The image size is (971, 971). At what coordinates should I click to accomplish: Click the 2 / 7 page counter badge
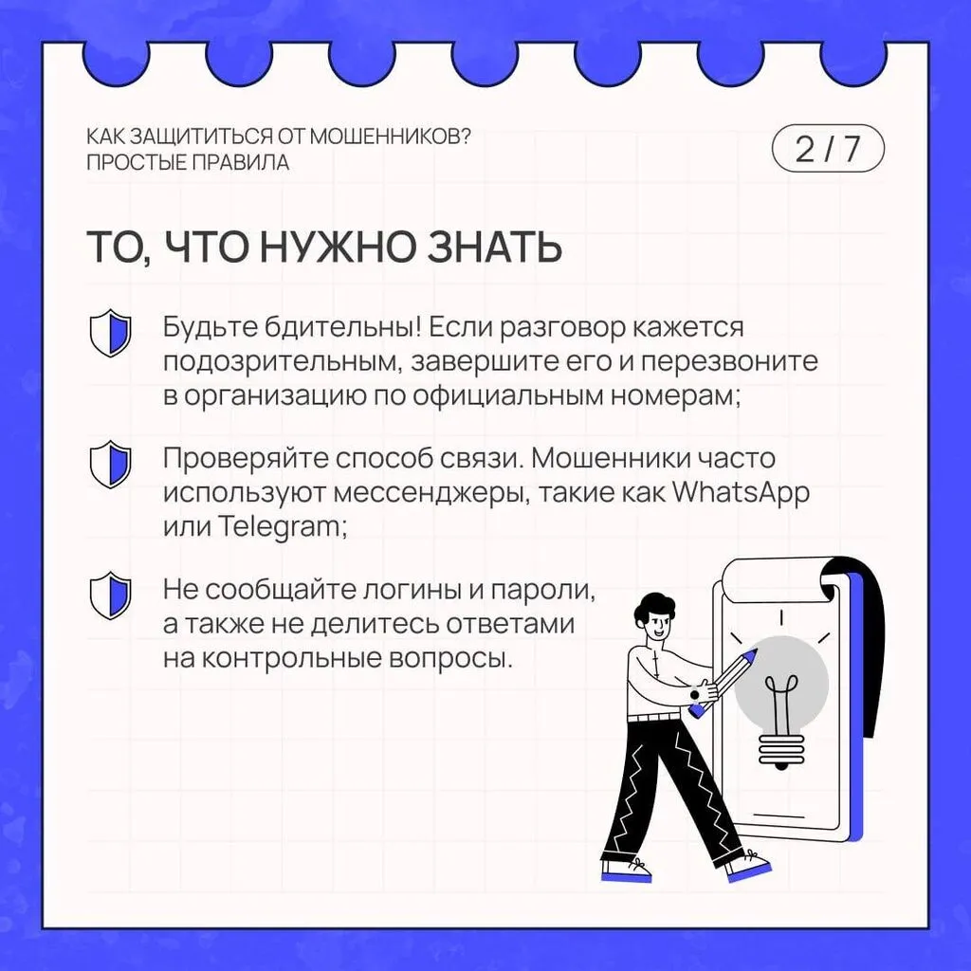click(x=828, y=150)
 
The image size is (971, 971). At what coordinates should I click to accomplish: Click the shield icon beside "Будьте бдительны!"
click(x=110, y=333)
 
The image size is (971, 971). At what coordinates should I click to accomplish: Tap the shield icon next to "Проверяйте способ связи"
click(x=110, y=464)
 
